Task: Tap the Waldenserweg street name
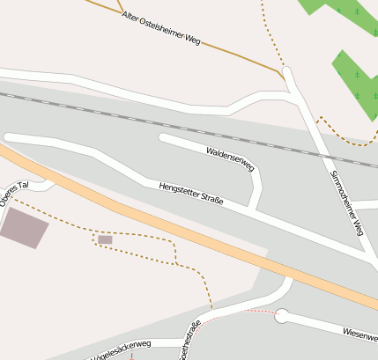(230, 159)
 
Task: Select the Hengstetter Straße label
(191, 195)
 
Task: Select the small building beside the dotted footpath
(105, 239)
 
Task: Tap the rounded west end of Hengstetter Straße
(10, 137)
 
